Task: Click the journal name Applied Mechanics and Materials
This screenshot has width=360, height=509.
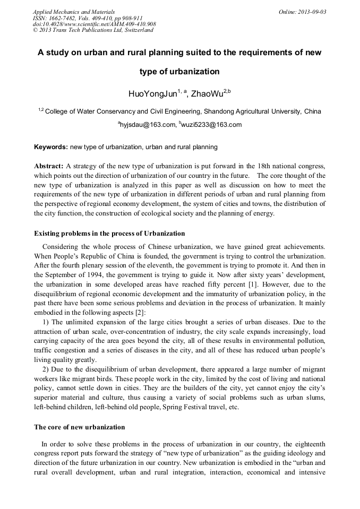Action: click(73, 12)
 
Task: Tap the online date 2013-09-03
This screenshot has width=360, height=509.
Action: click(311, 12)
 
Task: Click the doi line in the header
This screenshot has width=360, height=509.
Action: click(94, 24)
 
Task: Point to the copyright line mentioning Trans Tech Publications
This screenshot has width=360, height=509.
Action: click(93, 30)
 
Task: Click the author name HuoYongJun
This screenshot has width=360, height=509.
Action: click(153, 94)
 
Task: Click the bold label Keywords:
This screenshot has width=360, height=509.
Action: click(51, 146)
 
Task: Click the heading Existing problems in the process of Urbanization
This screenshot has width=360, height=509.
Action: click(109, 234)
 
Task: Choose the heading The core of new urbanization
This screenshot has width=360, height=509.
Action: click(80, 427)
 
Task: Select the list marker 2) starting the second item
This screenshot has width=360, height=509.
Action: click(46, 369)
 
